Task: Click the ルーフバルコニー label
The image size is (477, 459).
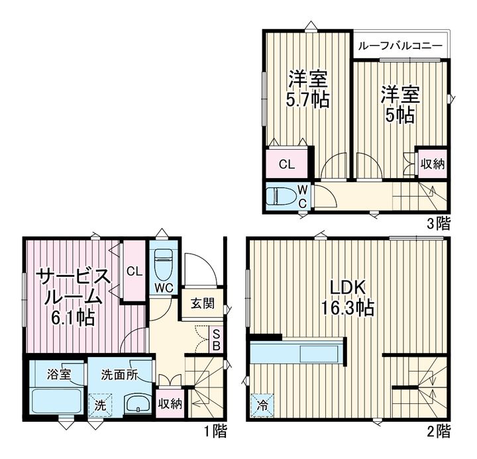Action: click(x=399, y=46)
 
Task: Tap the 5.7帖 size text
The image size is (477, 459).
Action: click(x=307, y=99)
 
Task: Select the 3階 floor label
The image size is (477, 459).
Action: click(x=439, y=224)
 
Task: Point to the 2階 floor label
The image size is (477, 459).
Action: click(x=439, y=431)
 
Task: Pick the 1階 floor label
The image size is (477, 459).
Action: click(x=215, y=431)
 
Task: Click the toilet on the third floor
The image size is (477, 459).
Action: click(x=281, y=195)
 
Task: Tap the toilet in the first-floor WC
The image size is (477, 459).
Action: click(x=164, y=265)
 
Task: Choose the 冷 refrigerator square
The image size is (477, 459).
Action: click(x=262, y=405)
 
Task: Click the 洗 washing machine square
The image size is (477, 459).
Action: click(x=100, y=405)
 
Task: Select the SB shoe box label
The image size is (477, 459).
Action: click(x=216, y=340)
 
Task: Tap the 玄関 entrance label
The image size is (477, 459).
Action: click(x=203, y=303)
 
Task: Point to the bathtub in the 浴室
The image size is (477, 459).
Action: click(x=56, y=401)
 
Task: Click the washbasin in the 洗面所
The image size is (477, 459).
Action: click(x=138, y=403)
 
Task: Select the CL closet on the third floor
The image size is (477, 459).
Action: click(x=287, y=164)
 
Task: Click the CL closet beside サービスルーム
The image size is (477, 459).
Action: click(x=134, y=271)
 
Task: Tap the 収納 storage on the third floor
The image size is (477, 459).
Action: click(x=433, y=164)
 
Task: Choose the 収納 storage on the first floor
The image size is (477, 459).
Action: click(x=170, y=403)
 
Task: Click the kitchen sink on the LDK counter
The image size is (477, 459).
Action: click(x=319, y=354)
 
